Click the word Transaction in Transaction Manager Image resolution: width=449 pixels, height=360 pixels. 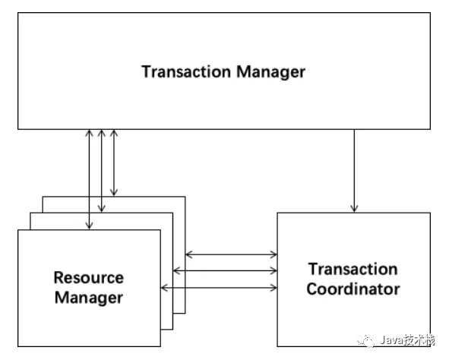[186, 71]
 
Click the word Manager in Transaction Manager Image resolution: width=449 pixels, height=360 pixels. [271, 72]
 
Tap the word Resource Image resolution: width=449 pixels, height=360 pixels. [89, 277]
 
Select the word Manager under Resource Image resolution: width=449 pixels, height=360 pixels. [89, 298]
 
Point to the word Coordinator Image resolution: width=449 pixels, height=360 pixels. [353, 289]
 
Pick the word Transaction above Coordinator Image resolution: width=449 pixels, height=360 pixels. [353, 270]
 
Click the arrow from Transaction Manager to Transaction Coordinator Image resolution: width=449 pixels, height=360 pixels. [354, 171]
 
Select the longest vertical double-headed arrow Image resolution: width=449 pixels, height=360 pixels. [90, 179]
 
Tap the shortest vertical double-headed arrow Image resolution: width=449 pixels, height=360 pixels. [114, 163]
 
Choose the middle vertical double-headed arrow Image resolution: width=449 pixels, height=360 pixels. [102, 171]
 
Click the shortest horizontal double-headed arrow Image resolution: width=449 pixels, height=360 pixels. [231, 254]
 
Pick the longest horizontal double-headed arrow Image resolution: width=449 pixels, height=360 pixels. [219, 288]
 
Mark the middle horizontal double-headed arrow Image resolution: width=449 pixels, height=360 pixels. [225, 270]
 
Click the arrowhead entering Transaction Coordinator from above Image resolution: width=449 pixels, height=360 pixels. [354, 209]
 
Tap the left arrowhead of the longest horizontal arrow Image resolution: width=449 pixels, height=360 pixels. [164, 288]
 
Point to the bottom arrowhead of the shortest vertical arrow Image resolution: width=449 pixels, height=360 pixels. [114, 193]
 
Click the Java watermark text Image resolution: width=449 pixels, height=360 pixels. [407, 340]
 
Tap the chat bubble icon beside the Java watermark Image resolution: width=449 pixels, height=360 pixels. [365, 340]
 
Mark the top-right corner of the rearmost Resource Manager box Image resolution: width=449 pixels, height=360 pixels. [185, 197]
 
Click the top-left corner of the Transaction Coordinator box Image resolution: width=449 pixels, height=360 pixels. [277, 213]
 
